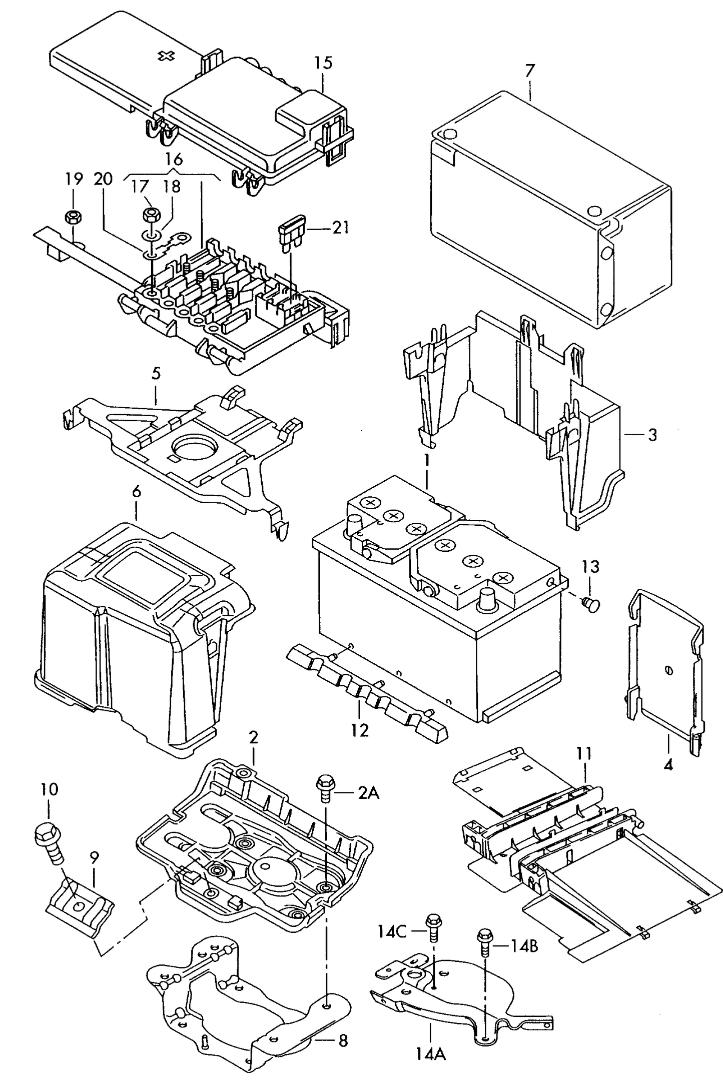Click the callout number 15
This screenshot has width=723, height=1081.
(323, 63)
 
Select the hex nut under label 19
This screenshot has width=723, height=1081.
(73, 217)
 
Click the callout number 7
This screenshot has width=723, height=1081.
(530, 71)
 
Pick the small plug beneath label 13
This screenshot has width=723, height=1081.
(591, 606)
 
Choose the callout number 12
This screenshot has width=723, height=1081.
(359, 730)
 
